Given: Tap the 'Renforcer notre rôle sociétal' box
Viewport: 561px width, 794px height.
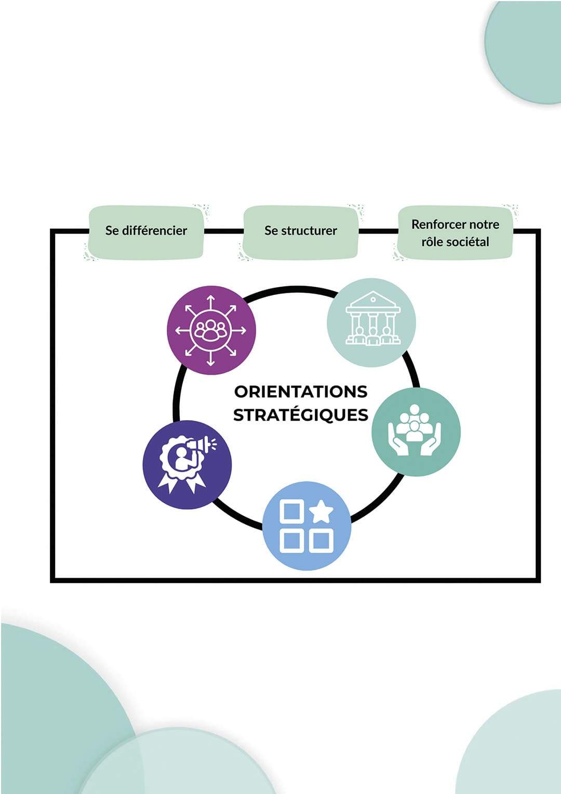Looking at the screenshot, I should tap(455, 233).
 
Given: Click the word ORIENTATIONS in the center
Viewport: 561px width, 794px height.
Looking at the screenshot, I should tap(301, 392).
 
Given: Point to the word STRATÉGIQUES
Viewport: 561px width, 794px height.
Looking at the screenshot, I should tap(301, 415).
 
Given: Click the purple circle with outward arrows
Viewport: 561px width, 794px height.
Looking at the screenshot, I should tap(211, 330).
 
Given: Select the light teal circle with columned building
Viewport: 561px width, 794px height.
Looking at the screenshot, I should tap(371, 322).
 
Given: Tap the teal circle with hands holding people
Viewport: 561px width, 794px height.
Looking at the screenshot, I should tap(416, 432).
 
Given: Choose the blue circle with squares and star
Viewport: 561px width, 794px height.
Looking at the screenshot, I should tap(306, 526).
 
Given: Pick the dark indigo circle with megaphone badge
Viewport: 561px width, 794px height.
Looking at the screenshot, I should tap(187, 464).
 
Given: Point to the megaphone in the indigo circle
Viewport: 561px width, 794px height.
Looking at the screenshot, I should tap(201, 445).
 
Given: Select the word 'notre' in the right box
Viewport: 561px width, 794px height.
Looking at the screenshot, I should tap(484, 225).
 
